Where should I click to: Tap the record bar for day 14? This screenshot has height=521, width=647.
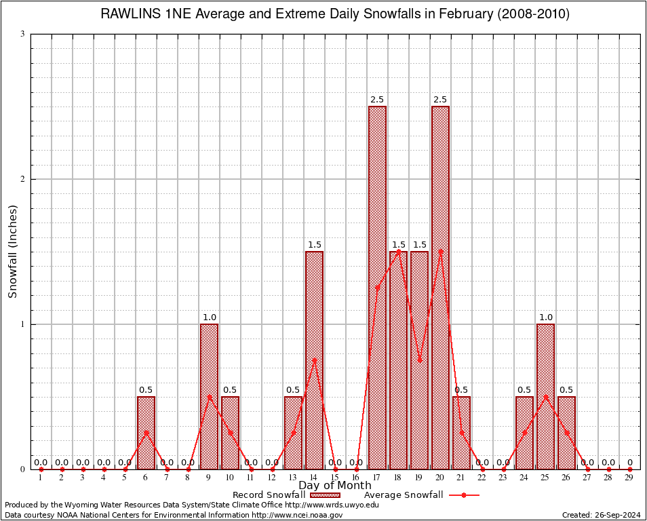(314, 360)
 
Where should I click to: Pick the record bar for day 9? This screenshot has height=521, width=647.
(209, 396)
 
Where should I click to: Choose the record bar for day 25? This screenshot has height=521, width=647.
(545, 396)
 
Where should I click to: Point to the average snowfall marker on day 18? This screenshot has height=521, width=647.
(398, 251)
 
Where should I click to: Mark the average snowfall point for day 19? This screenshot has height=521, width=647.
(419, 360)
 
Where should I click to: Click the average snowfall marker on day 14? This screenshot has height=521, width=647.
(314, 360)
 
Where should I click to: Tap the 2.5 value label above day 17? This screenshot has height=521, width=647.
(377, 100)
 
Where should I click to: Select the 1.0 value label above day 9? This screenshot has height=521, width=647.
(209, 317)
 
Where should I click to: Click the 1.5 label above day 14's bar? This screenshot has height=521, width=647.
(314, 245)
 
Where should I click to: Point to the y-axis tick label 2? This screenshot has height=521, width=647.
(22, 179)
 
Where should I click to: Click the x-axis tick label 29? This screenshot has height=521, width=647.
(629, 478)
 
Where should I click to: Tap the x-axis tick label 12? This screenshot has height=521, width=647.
(272, 478)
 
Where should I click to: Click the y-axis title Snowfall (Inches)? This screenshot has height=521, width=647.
(13, 251)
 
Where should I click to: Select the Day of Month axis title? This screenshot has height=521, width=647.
(335, 486)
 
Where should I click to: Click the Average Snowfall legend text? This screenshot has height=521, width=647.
(404, 495)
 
